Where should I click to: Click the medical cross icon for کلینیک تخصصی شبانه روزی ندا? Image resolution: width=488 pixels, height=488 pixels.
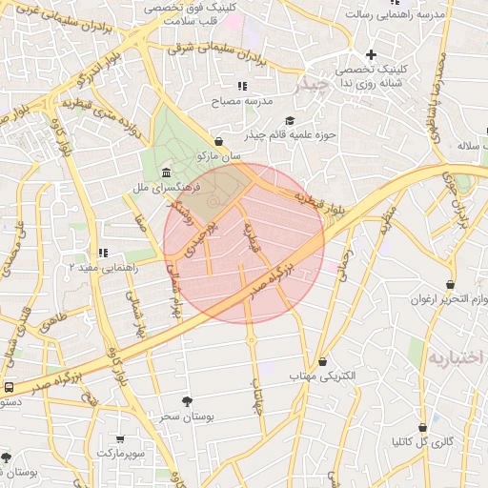point(371,54)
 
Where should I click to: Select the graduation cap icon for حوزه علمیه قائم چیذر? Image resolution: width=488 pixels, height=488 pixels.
point(290,121)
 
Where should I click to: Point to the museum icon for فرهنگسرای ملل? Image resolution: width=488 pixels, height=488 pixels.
point(167,173)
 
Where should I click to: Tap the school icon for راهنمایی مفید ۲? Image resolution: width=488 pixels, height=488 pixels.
point(102,253)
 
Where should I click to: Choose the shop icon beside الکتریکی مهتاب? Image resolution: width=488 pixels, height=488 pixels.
point(323,362)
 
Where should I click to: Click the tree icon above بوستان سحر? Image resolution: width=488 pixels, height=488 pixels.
point(186,401)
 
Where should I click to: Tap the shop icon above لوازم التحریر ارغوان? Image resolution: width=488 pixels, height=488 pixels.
point(449,284)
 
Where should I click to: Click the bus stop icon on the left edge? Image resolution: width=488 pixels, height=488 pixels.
point(9,387)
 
